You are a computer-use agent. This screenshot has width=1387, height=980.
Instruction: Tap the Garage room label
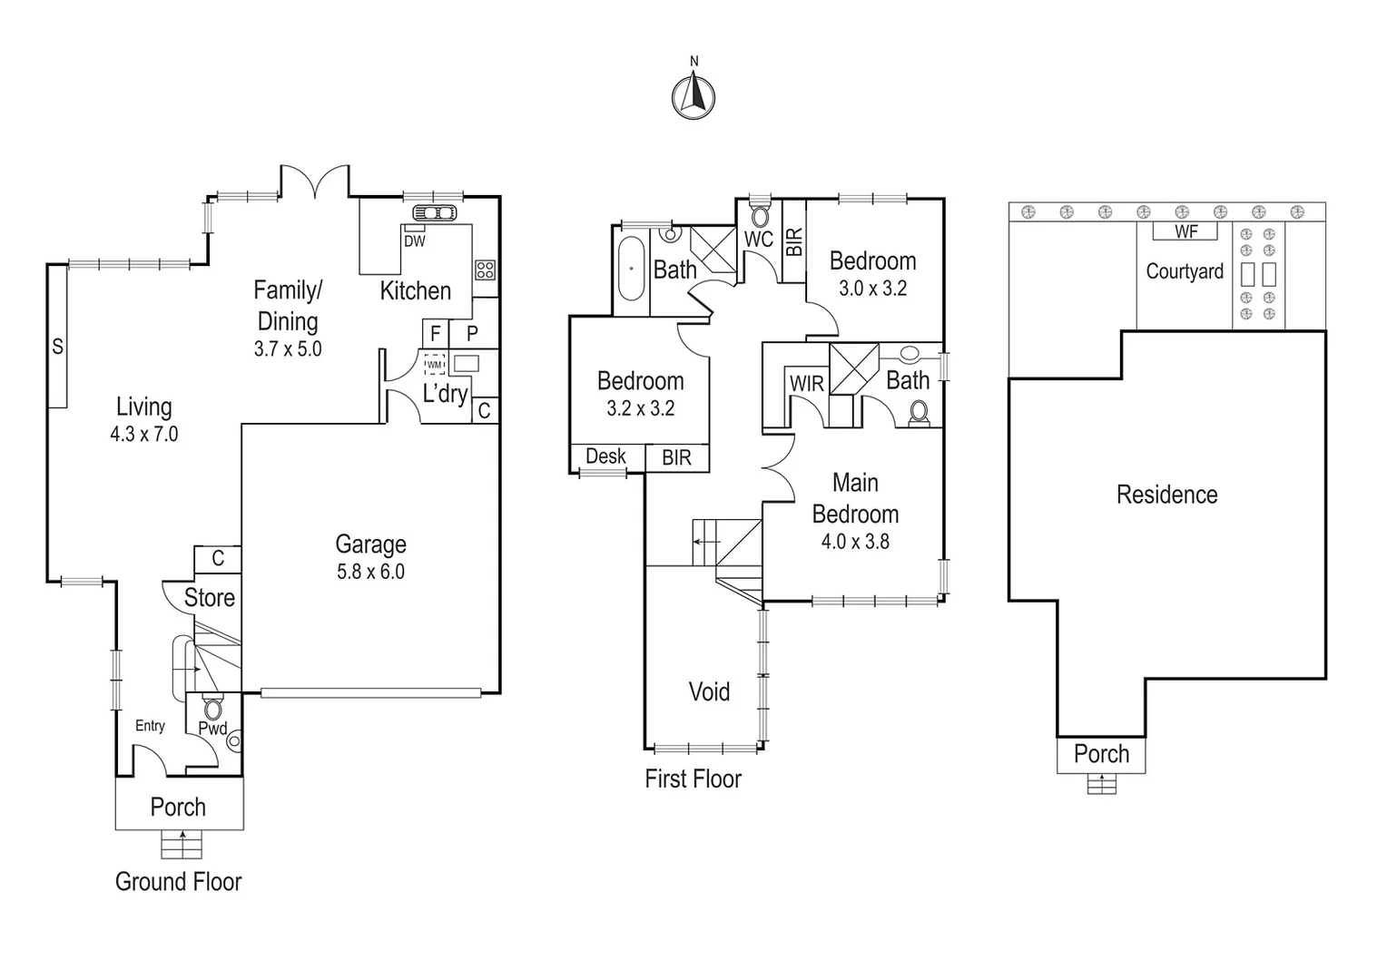(x=371, y=544)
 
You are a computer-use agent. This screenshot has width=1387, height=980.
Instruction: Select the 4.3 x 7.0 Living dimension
(x=144, y=434)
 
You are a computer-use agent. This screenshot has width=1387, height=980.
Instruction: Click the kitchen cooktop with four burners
(x=486, y=269)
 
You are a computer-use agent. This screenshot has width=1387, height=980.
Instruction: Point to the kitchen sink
(x=435, y=213)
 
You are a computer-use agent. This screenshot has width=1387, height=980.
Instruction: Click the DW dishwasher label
(x=415, y=241)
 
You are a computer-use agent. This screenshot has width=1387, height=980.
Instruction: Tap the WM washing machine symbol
(x=435, y=366)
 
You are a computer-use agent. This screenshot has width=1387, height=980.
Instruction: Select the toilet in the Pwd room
(x=212, y=707)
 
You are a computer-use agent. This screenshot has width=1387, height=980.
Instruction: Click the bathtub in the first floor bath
(x=631, y=268)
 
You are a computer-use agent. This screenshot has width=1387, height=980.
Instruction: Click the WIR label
(x=807, y=384)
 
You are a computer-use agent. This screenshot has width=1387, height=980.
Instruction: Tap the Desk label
(x=605, y=456)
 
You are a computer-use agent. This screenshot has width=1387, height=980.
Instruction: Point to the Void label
(x=709, y=691)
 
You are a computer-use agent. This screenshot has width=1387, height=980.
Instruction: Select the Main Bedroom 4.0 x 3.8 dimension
(x=855, y=542)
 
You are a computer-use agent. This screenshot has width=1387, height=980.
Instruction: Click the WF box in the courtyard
(x=1185, y=231)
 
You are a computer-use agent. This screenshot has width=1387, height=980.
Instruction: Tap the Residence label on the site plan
(x=1166, y=495)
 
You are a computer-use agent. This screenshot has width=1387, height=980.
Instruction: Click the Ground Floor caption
(x=178, y=882)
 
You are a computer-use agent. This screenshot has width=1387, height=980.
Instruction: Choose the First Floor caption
(x=693, y=779)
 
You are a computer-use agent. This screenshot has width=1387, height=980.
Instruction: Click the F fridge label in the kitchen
(x=436, y=334)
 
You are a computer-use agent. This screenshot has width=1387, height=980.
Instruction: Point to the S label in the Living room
(x=57, y=346)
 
